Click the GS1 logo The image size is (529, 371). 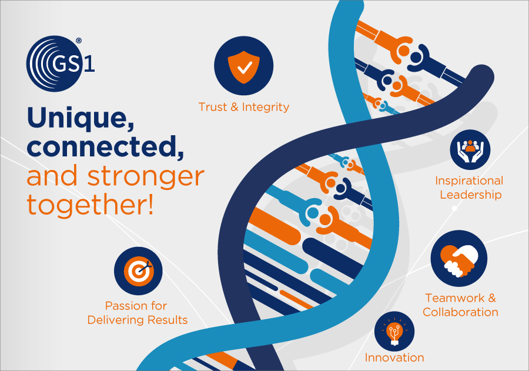pyautogui.click(x=60, y=63)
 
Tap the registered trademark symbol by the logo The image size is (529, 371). pyautogui.click(x=79, y=41)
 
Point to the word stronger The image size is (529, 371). pyautogui.click(x=146, y=176)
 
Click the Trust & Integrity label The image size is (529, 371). pyautogui.click(x=243, y=107)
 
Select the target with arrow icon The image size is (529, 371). pyautogui.click(x=138, y=271)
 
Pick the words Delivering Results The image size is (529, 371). pyautogui.click(x=138, y=320)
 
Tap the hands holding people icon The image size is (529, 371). pyautogui.click(x=470, y=149)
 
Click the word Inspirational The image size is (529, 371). pyautogui.click(x=469, y=181)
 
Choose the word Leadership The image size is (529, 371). pyautogui.click(x=471, y=195)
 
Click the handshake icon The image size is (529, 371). pyautogui.click(x=459, y=259)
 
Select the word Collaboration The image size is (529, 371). pyautogui.click(x=460, y=312)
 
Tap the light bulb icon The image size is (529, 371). pyautogui.click(x=394, y=332)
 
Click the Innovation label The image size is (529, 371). pyautogui.click(x=394, y=357)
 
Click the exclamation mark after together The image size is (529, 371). pyautogui.click(x=150, y=203)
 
